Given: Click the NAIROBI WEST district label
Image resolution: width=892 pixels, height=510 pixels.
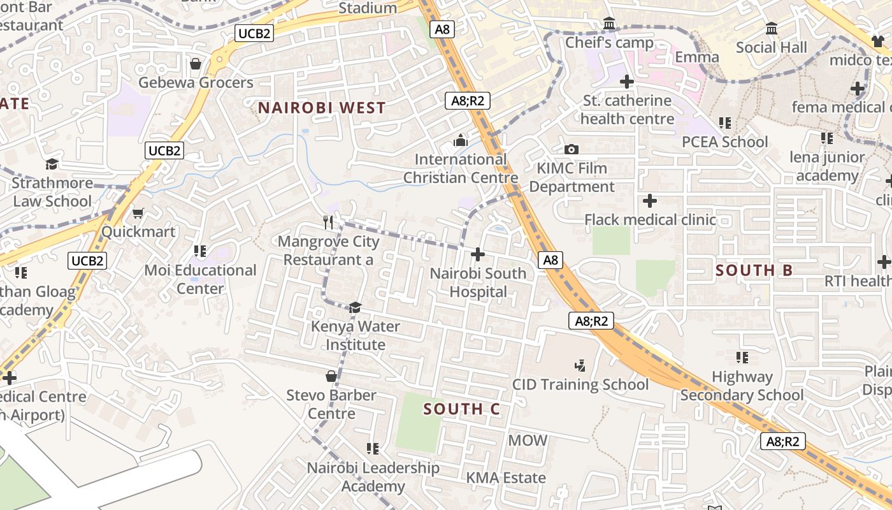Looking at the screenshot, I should (x=322, y=108).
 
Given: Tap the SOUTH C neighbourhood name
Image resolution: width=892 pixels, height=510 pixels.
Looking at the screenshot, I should (x=462, y=409).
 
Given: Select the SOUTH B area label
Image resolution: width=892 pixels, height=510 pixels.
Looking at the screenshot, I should (x=754, y=270).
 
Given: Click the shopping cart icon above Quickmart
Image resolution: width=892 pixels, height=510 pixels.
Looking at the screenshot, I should (x=138, y=213).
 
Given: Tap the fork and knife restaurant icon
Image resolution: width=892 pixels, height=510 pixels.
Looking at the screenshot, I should (x=329, y=222).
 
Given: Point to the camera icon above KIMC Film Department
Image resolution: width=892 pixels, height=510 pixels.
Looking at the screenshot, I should (x=572, y=149).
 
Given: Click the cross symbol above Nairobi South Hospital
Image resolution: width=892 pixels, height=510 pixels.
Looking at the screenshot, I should (x=477, y=255).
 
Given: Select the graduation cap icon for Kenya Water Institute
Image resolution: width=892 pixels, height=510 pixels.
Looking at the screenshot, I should (x=355, y=308).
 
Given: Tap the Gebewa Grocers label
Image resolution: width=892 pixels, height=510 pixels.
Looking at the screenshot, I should (x=196, y=83).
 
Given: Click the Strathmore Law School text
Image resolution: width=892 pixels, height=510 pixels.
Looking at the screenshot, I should (x=52, y=192).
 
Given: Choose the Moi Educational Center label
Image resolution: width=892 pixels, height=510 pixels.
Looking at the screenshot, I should (x=200, y=279).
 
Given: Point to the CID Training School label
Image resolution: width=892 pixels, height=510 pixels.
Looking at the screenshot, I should (x=580, y=384).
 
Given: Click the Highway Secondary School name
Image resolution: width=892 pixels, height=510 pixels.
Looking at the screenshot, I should (x=742, y=386).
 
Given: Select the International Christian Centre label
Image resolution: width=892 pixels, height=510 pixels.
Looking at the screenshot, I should (x=461, y=168).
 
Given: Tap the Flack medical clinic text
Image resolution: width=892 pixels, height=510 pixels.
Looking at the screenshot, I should (x=650, y=220).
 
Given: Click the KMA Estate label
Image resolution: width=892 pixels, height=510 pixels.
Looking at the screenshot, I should (x=506, y=477).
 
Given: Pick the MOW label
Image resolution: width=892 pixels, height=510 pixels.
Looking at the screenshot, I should (x=528, y=440).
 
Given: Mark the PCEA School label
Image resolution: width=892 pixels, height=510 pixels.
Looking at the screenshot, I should (x=725, y=142).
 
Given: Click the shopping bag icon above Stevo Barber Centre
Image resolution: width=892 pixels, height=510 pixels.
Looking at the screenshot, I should (x=331, y=376).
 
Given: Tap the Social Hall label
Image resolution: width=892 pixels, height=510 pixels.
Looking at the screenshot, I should (x=771, y=48).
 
